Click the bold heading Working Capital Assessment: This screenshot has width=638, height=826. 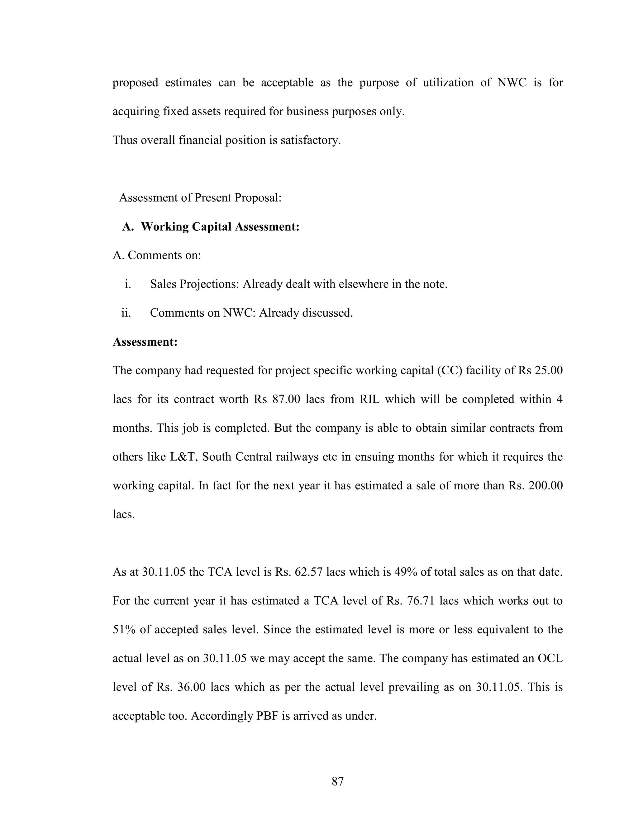220,227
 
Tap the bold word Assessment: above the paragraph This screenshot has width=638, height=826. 145,342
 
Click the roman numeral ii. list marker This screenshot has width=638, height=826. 126,313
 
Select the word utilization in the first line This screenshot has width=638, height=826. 448,83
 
